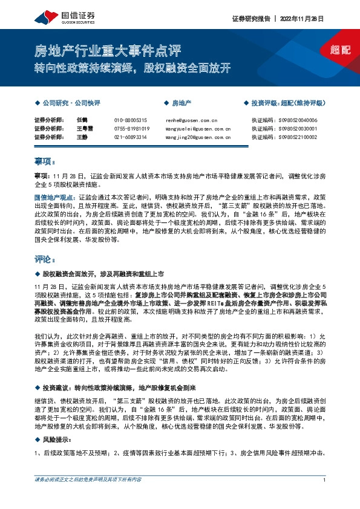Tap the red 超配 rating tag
(x=341, y=50)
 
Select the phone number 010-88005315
(x=131, y=120)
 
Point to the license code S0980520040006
(x=292, y=120)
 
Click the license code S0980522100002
(x=292, y=137)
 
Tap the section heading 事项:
(x=45, y=161)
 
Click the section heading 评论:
(x=45, y=259)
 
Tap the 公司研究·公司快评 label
(x=71, y=103)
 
